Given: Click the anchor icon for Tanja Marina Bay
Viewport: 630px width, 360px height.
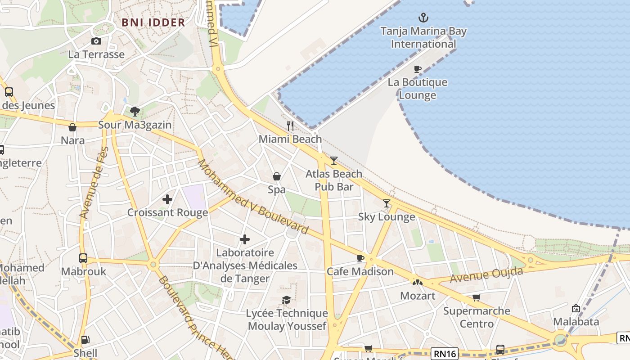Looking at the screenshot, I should [x=423, y=18].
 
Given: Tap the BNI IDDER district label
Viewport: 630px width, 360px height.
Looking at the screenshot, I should [x=153, y=22].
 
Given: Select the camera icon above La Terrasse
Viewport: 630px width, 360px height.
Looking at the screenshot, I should [x=96, y=41].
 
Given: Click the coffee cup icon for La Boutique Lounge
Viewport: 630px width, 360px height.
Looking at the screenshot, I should [x=418, y=69].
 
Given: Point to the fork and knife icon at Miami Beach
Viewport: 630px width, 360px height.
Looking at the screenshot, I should [x=290, y=126].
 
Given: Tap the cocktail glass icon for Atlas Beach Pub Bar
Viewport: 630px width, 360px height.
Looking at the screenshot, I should [x=333, y=161].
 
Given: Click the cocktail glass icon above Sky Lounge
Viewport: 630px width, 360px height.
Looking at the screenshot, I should [x=386, y=203].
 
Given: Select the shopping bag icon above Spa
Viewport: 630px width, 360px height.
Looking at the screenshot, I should [x=277, y=176].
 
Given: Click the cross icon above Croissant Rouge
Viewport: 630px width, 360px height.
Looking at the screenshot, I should [x=167, y=199].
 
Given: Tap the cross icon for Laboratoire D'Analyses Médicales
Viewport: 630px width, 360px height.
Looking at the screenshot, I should [x=245, y=239].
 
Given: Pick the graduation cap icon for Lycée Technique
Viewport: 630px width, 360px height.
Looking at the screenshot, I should [x=286, y=300].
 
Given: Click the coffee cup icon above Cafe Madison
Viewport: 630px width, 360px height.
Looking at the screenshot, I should [x=360, y=258].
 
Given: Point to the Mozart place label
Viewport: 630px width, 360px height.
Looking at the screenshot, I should [x=418, y=296].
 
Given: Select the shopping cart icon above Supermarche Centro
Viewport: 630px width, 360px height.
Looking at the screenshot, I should [x=476, y=297].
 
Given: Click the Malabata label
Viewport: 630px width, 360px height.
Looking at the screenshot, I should [x=576, y=321].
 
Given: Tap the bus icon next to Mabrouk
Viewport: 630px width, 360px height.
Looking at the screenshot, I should [x=83, y=258].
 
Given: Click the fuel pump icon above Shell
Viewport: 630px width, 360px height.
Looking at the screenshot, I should [x=85, y=340].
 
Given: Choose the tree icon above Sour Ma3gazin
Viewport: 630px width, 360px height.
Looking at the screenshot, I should [x=135, y=112].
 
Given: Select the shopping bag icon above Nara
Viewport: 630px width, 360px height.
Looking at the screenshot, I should [x=72, y=127].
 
